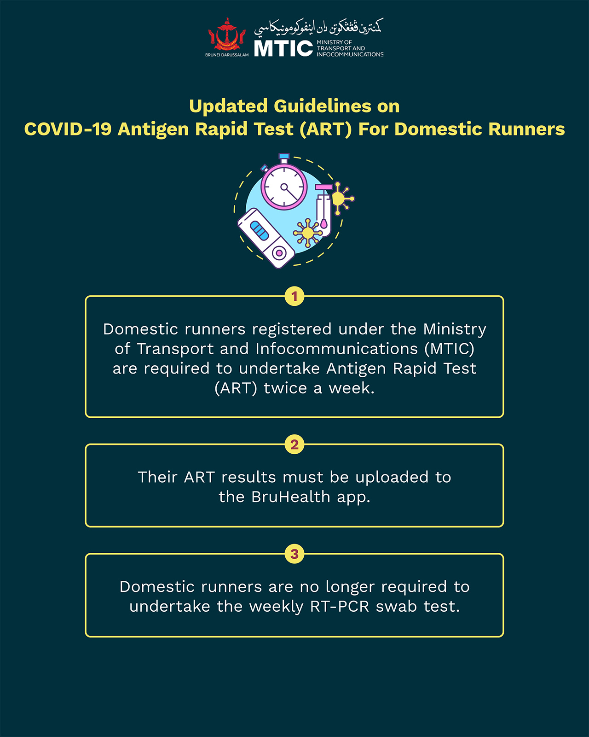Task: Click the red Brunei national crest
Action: (x=226, y=35)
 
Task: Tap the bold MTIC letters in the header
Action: (x=283, y=48)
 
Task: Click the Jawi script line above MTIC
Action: (x=318, y=27)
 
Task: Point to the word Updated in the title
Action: (x=228, y=106)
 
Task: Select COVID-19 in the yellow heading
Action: (x=68, y=129)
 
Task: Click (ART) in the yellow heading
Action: (x=325, y=129)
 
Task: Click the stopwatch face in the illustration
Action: (x=284, y=187)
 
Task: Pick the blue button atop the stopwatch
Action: (x=284, y=156)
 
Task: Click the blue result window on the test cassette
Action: (x=259, y=230)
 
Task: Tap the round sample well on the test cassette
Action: (x=279, y=253)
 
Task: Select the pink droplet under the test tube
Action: (x=324, y=224)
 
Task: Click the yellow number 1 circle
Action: (x=294, y=296)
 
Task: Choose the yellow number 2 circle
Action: (x=294, y=444)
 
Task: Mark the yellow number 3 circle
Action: (x=294, y=554)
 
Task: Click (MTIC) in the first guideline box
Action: (x=450, y=349)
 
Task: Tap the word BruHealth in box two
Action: (x=290, y=497)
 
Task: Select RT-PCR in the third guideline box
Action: (x=340, y=607)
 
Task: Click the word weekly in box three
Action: (x=276, y=607)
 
